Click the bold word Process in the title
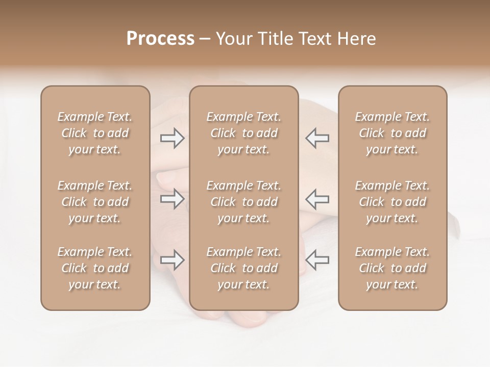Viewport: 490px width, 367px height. point(160,39)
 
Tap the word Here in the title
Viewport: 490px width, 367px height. point(356,39)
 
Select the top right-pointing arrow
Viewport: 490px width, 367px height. point(173,138)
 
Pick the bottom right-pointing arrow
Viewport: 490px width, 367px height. point(173,259)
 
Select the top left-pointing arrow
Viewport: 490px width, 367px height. point(317,138)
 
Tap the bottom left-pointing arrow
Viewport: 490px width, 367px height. point(317,259)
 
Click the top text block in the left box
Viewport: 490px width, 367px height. point(95,133)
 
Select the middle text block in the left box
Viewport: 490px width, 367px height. point(95,202)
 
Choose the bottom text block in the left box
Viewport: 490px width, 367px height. point(95,268)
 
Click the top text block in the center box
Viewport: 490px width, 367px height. point(244,133)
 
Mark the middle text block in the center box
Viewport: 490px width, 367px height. point(244,202)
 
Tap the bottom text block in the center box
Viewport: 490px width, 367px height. point(244,268)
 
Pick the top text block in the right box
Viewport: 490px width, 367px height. point(393,133)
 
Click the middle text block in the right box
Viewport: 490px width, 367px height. point(393,202)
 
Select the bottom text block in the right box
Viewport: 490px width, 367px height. point(393,268)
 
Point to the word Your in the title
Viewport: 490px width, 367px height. point(234,39)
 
